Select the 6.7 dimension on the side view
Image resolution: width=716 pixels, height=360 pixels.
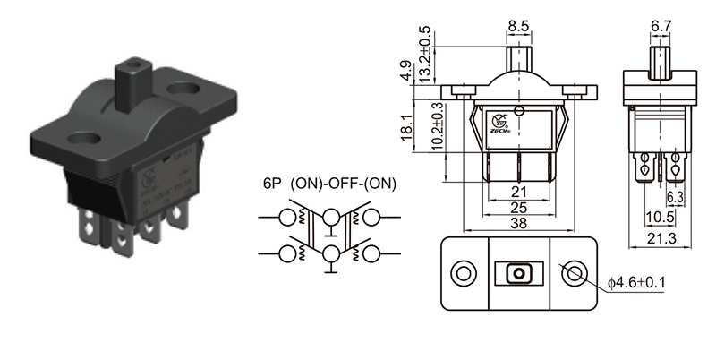click(x=661, y=28)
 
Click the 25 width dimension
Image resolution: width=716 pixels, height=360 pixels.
click(x=517, y=209)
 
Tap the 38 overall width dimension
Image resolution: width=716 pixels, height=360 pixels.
click(x=517, y=226)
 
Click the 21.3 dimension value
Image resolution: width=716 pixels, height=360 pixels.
click(x=661, y=237)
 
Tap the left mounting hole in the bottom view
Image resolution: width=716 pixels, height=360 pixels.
click(x=464, y=273)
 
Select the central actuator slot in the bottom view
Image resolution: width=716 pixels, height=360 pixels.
click(x=517, y=273)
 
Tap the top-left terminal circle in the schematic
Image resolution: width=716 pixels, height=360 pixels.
click(x=289, y=217)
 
